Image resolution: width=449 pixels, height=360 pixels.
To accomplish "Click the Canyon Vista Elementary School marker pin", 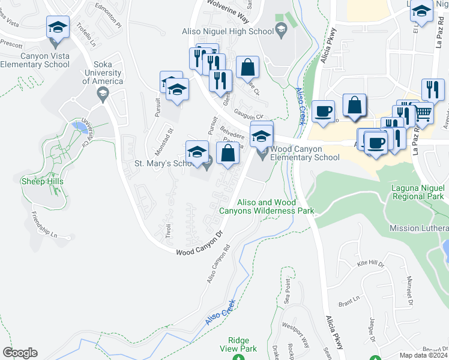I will point(58,28).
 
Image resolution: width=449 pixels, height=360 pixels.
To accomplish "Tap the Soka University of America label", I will point(99,73).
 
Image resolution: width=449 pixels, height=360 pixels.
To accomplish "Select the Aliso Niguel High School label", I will point(228,32).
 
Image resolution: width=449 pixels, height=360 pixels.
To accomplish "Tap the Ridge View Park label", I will point(239,344).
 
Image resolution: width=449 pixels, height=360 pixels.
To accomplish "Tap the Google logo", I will point(20,353).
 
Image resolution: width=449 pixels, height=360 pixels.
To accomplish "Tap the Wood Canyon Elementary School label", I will point(305,153).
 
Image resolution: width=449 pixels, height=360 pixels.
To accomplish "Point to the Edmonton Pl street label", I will point(108,26).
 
